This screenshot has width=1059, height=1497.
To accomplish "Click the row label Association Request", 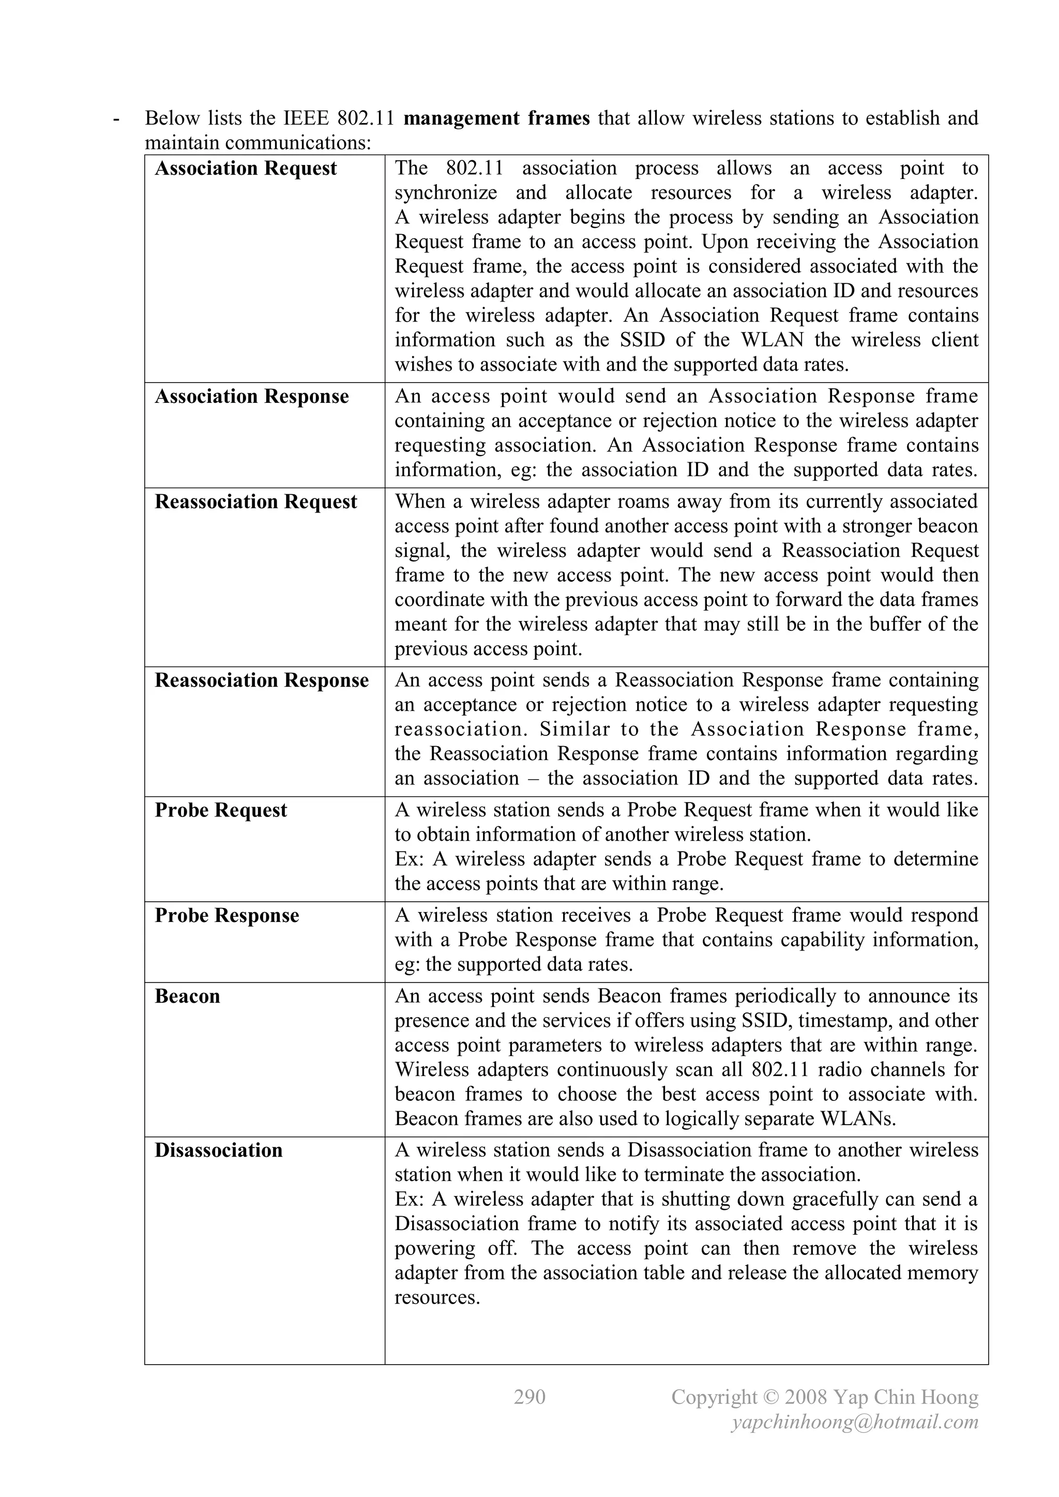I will [x=245, y=169].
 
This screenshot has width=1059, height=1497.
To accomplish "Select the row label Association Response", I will [x=251, y=397].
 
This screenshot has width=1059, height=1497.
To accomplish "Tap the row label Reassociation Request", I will [x=255, y=502].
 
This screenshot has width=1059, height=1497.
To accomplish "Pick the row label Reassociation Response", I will [x=262, y=680].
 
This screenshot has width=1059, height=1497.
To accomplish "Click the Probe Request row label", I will [x=220, y=810].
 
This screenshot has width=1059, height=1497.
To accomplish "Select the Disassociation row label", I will [x=218, y=1150].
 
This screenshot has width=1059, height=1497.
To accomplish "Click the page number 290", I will [x=529, y=1397].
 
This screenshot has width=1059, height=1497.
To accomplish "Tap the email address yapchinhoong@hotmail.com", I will [x=855, y=1422].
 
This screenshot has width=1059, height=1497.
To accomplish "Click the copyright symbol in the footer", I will [x=771, y=1397].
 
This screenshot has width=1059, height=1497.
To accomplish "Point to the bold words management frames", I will [x=497, y=118].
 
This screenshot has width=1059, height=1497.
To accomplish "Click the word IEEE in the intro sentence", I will [x=307, y=118].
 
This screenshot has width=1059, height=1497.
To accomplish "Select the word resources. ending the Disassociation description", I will [x=437, y=1297].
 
